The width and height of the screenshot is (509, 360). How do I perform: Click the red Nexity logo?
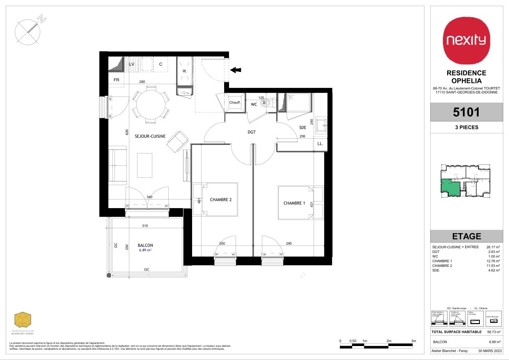point(466,40)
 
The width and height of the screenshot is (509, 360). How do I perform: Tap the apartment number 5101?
point(466,112)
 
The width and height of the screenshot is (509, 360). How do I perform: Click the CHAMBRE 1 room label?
point(294,204)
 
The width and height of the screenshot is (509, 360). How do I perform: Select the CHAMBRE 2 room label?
point(221,200)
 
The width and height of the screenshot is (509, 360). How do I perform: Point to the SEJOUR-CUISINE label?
point(150,136)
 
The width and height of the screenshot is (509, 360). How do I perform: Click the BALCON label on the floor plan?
point(146,245)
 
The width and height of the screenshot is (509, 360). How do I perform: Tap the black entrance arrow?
point(235,70)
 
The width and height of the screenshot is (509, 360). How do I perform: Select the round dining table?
point(150,104)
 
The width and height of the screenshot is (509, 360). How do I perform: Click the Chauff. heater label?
point(234,103)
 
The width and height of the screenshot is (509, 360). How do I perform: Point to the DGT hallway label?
point(251,132)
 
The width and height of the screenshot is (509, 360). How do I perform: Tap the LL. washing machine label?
point(320,144)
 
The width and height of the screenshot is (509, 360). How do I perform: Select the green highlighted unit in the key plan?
point(450,187)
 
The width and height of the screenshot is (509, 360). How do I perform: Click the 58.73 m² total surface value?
point(493,332)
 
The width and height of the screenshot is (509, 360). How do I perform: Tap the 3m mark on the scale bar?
point(414,341)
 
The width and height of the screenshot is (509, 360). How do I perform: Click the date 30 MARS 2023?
point(487,351)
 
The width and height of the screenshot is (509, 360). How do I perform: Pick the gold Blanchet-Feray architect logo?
point(23,320)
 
